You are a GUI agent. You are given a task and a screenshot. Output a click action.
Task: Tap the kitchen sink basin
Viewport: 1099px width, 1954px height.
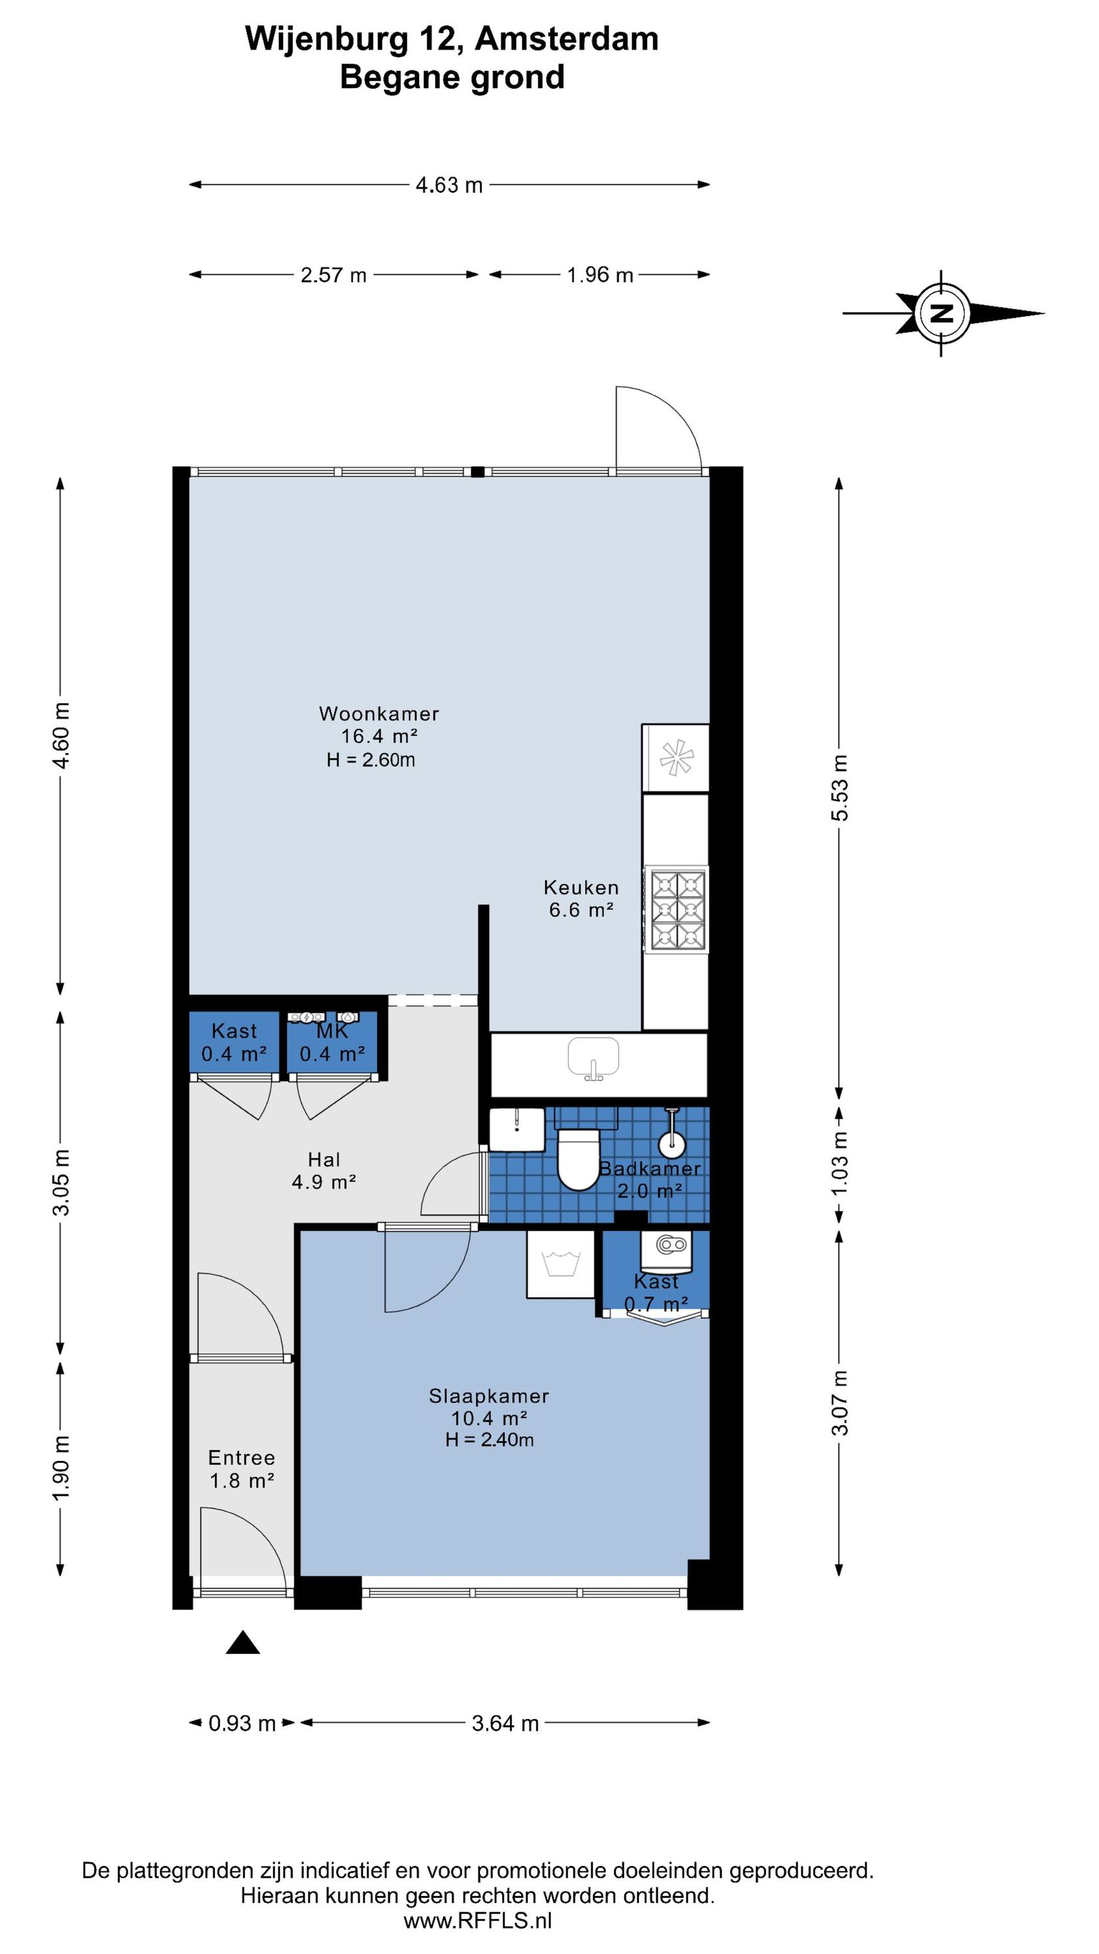click(x=593, y=1056)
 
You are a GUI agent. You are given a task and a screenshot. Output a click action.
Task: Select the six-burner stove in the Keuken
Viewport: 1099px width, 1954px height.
click(x=676, y=909)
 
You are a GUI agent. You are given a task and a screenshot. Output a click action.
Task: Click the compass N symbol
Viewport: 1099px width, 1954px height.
click(x=942, y=313)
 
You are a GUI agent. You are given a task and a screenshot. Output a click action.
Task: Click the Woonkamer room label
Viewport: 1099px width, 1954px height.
click(x=378, y=714)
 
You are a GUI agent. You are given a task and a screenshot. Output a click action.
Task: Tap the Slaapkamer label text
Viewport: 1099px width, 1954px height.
click(x=489, y=1396)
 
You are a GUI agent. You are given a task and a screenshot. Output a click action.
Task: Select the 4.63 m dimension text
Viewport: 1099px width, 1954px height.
click(x=449, y=185)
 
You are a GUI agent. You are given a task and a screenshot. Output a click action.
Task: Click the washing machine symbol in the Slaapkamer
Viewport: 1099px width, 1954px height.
click(x=561, y=1264)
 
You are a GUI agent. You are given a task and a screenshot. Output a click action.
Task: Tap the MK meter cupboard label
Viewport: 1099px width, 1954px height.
click(x=332, y=1032)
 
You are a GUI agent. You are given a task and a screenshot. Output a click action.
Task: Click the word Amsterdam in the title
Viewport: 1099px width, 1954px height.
click(x=566, y=40)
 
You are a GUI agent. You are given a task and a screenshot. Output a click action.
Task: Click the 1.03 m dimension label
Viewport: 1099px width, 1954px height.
click(x=840, y=1163)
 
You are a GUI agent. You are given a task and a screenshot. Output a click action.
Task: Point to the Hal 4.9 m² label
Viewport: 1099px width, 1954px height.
click(x=324, y=1170)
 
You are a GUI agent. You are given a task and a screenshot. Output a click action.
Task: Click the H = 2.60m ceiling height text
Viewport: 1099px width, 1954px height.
click(x=371, y=760)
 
